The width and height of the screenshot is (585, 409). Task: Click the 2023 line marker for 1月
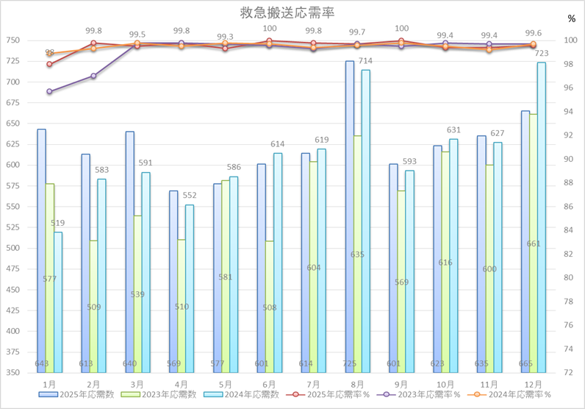point(49,91)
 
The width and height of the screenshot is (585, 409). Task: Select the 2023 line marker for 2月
point(93,76)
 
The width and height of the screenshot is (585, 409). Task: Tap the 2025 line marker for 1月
point(49,64)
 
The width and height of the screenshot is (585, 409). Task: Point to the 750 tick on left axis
point(15,40)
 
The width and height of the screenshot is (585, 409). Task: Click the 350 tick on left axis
point(15,372)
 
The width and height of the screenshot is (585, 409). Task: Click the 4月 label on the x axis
point(182,384)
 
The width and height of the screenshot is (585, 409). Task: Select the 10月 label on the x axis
point(445,384)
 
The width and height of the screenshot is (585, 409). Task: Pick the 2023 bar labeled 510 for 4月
point(182,305)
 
